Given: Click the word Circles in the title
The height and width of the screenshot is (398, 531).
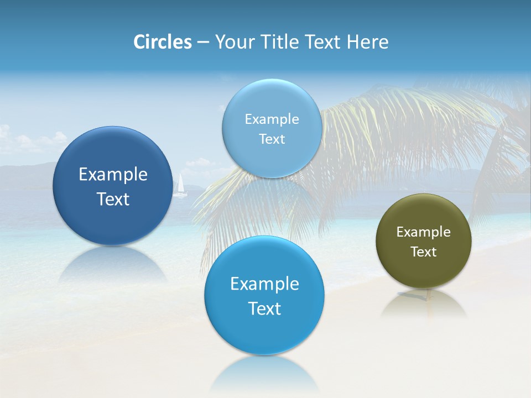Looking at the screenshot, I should click(162, 41).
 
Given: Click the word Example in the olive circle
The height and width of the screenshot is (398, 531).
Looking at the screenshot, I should click(423, 232).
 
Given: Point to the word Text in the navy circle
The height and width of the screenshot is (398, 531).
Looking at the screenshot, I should click(113, 199).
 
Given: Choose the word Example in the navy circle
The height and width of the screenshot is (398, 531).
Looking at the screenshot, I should click(113, 175).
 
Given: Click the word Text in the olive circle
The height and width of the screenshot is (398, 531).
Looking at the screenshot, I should click(423, 252).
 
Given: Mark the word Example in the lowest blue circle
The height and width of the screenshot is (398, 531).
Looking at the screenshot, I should click(264, 284).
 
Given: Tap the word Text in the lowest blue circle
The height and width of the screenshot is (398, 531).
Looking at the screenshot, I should click(264, 308).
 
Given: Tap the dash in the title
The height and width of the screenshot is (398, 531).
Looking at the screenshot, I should click(203, 43).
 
